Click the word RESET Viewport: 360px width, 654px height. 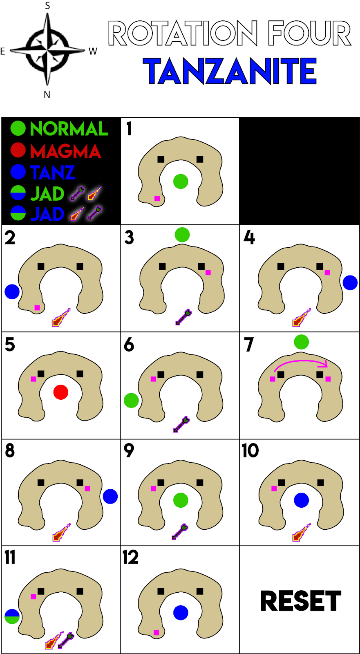pos(300,601)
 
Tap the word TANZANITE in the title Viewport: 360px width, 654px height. pos(230,72)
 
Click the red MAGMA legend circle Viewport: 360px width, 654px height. pos(18,150)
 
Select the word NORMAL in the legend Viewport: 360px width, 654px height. pos(69,129)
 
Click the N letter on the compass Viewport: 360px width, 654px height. pos(47,95)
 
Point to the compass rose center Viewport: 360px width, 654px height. pos(47,50)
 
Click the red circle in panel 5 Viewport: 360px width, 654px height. pos(61,392)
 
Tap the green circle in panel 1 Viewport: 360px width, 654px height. pos(181,181)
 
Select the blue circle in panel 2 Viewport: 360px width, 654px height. pos(12,291)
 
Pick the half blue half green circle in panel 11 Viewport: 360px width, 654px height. pos(12,616)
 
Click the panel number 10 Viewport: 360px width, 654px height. pos(250,451)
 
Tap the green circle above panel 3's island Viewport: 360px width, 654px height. pos(182,235)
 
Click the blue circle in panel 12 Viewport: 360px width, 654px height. pos(181,613)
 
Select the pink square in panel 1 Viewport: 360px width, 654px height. pos(157,198)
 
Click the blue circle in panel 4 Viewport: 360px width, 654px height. pos(350,282)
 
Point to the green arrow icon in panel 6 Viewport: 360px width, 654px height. pos(181,425)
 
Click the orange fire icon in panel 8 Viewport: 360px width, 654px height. pos(61,532)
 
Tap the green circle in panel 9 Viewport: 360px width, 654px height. pos(181,500)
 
